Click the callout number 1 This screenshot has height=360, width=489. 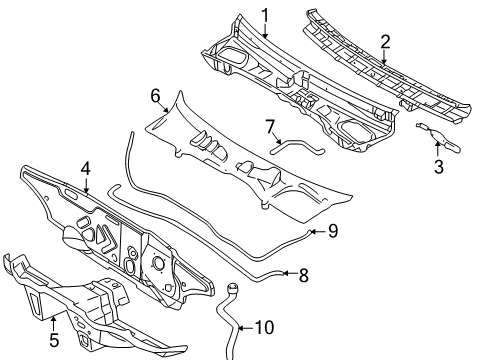tap(265, 16)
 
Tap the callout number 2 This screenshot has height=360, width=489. tap(385, 42)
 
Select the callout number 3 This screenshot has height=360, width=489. tap(439, 167)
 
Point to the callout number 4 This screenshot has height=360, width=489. tap(86, 169)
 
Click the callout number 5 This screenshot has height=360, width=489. tap(54, 340)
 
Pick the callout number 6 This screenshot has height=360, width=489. tap(156, 96)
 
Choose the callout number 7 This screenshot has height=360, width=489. tap(270, 127)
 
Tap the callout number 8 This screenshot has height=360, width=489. tap(303, 275)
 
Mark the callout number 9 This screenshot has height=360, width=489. tap(333, 231)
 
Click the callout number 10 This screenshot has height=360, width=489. tap(264, 327)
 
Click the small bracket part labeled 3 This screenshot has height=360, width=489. tap(438, 138)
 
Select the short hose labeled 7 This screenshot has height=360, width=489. tap(297, 147)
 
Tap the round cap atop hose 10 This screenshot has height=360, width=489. tap(233, 287)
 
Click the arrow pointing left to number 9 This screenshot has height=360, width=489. tap(317, 231)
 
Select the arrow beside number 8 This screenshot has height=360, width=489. tap(289, 273)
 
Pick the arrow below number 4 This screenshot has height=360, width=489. tap(86, 186)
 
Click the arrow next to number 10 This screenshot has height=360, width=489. tap(245, 328)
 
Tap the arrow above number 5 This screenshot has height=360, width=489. tap(53, 324)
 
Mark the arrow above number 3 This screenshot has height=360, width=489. tap(438, 149)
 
